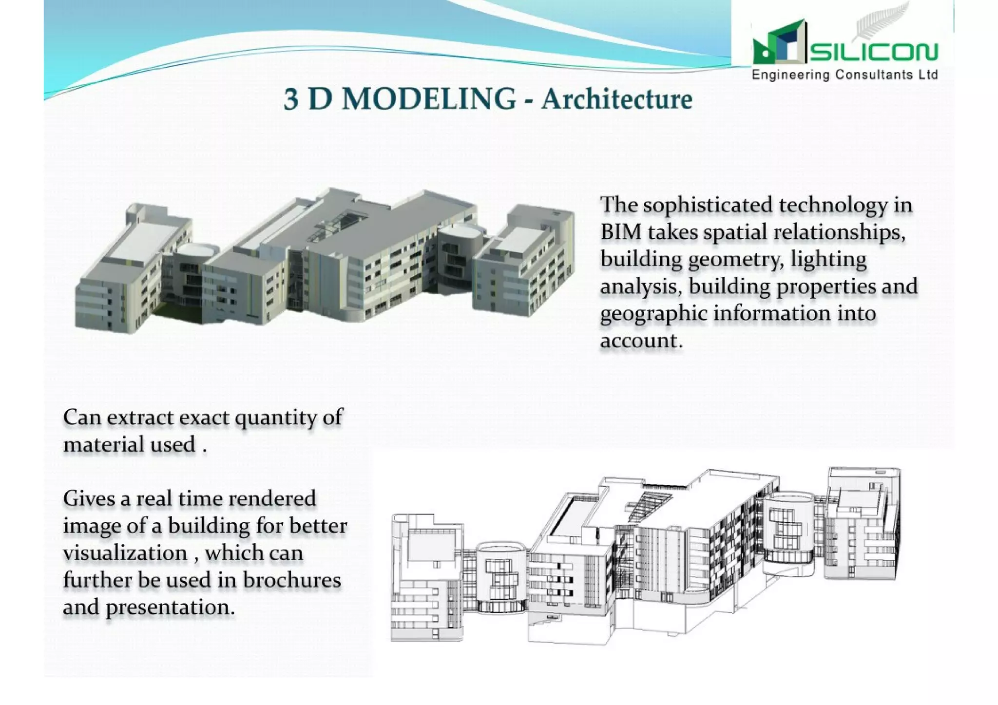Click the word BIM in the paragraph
pyautogui.click(x=620, y=232)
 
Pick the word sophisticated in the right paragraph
pyautogui.click(x=708, y=205)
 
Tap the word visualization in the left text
pyautogui.click(x=125, y=553)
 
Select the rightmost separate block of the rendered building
pyautogui.click(x=524, y=261)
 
